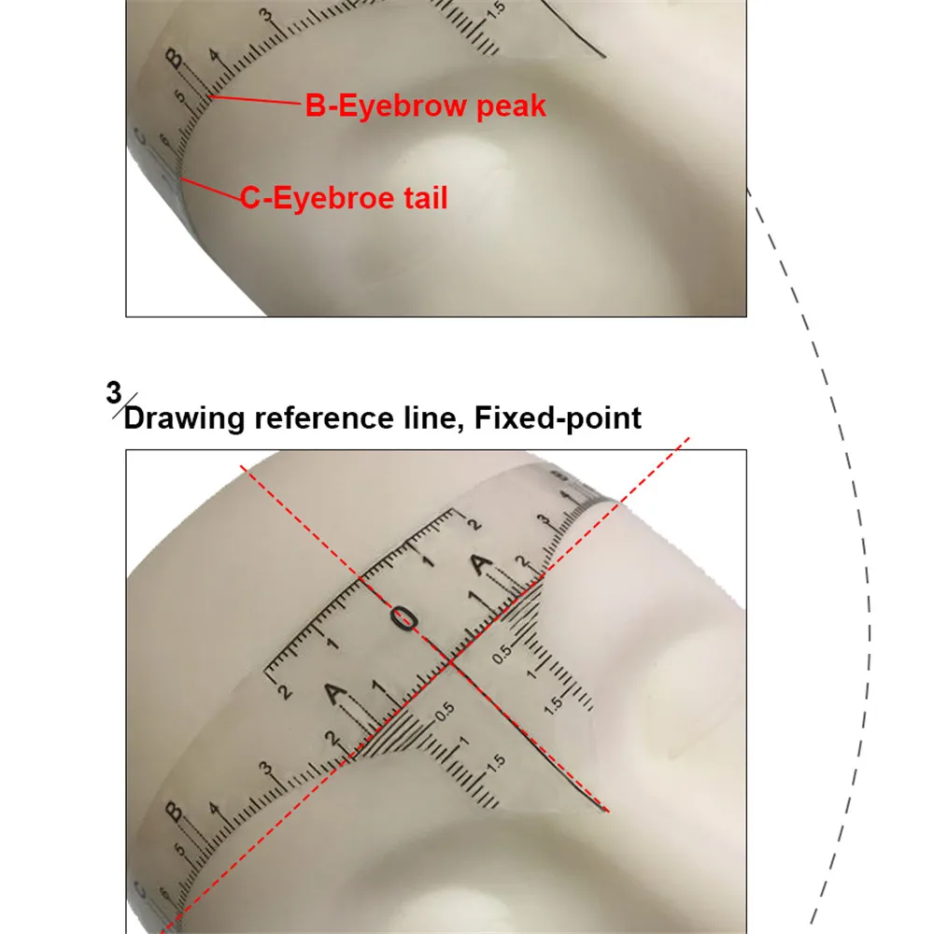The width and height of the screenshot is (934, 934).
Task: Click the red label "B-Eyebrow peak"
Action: click(425, 106)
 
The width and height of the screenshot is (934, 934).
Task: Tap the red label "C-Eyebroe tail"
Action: click(345, 198)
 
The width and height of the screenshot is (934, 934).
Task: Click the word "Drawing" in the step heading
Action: click(182, 417)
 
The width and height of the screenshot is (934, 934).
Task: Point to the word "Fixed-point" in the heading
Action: click(558, 417)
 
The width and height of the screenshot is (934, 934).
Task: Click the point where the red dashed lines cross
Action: click(452, 662)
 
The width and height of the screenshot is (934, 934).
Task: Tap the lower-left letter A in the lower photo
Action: click(335, 695)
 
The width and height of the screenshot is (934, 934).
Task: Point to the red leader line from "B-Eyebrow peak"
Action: click(257, 100)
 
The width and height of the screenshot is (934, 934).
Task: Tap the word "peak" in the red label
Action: click(511, 106)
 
